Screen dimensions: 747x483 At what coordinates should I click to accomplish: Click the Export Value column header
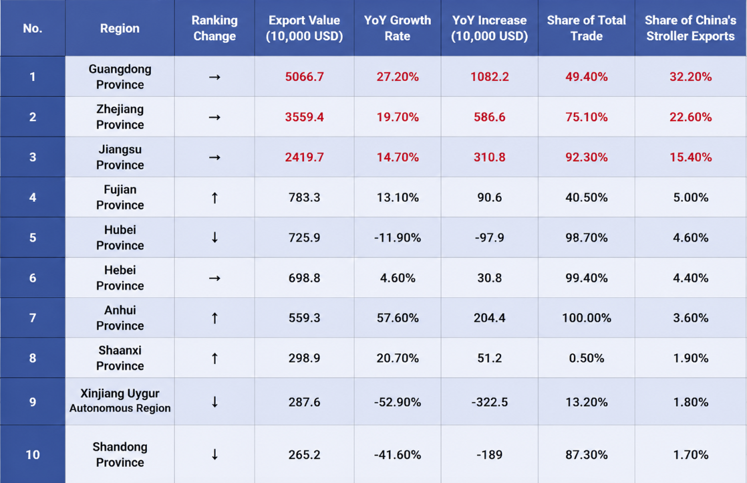point(305,28)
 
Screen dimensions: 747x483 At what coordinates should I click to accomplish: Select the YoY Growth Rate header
point(398,28)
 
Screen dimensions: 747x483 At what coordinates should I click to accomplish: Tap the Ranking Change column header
point(214,28)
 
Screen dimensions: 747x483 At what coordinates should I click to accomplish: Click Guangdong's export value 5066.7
point(305,77)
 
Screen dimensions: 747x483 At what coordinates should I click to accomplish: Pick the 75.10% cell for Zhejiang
point(587,117)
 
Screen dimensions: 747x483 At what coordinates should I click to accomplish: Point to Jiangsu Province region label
point(120,157)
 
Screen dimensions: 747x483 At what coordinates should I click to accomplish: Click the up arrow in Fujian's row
point(215,197)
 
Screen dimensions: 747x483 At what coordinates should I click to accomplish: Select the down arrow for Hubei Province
point(215,237)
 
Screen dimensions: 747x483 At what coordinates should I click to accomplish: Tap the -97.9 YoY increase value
point(490,237)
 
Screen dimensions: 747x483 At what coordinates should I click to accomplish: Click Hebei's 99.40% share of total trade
point(587,278)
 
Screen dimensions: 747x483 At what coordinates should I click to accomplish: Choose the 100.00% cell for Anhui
point(587,318)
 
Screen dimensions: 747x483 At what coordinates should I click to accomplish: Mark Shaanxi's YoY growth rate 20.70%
point(398,358)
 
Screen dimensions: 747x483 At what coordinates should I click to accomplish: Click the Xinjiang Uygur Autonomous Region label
point(120,401)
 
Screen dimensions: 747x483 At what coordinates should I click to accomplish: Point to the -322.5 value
point(490,402)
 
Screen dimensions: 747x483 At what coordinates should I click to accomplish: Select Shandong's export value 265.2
point(305,455)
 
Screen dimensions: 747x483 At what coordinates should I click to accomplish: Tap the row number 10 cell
point(32,455)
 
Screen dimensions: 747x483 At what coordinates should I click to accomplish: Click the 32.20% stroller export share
point(690,77)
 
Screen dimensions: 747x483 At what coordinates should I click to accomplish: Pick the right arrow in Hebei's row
point(215,278)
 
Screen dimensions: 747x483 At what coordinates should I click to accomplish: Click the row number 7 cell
point(32,318)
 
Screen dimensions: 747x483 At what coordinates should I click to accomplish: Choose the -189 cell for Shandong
point(490,455)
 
